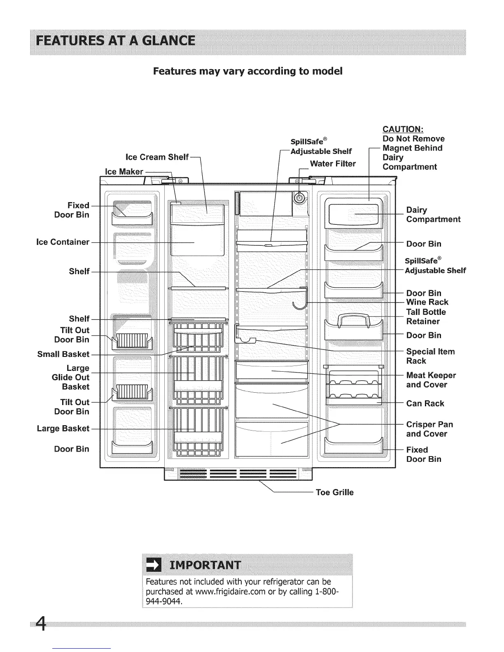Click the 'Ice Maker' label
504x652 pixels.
coord(124,172)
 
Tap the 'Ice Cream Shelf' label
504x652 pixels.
coord(157,157)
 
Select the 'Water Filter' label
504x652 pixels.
coord(333,163)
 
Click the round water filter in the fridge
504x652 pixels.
coord(299,198)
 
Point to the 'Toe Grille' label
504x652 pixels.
coord(334,492)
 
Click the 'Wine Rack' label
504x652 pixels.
coord(427,302)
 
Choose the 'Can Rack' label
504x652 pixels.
coord(425,403)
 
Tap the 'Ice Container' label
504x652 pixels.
coord(63,242)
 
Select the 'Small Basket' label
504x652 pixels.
coord(63,354)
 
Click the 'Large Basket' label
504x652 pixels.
coord(63,428)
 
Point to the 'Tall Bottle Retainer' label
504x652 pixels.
coord(426,317)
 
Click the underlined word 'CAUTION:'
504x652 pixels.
coord(400,129)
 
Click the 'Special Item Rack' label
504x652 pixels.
coord(430,356)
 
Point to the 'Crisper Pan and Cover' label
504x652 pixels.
coord(429,429)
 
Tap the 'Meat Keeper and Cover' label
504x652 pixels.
coord(431,380)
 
